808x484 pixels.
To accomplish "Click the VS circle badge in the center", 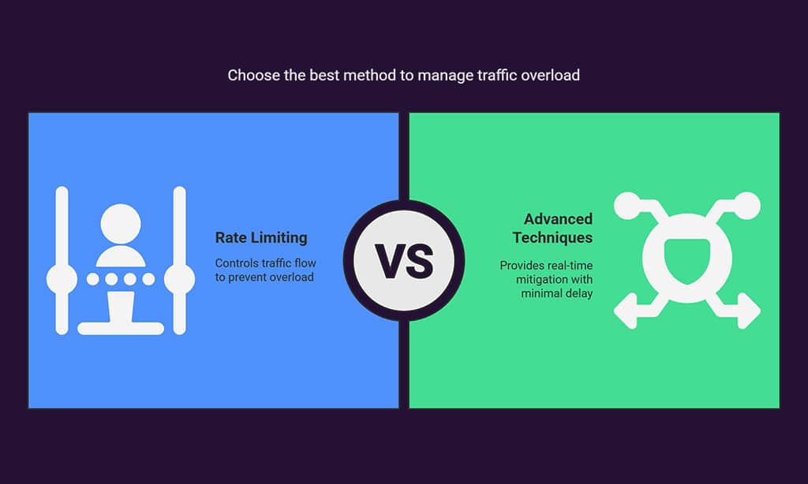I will pos(404,261).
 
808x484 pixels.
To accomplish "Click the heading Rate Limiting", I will pos(261,238).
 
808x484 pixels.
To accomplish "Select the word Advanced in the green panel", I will pos(558,219).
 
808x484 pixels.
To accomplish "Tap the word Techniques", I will pos(552,237).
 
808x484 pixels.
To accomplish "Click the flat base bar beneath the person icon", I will pos(121,328).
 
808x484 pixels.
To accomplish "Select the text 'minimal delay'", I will pos(556,293).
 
